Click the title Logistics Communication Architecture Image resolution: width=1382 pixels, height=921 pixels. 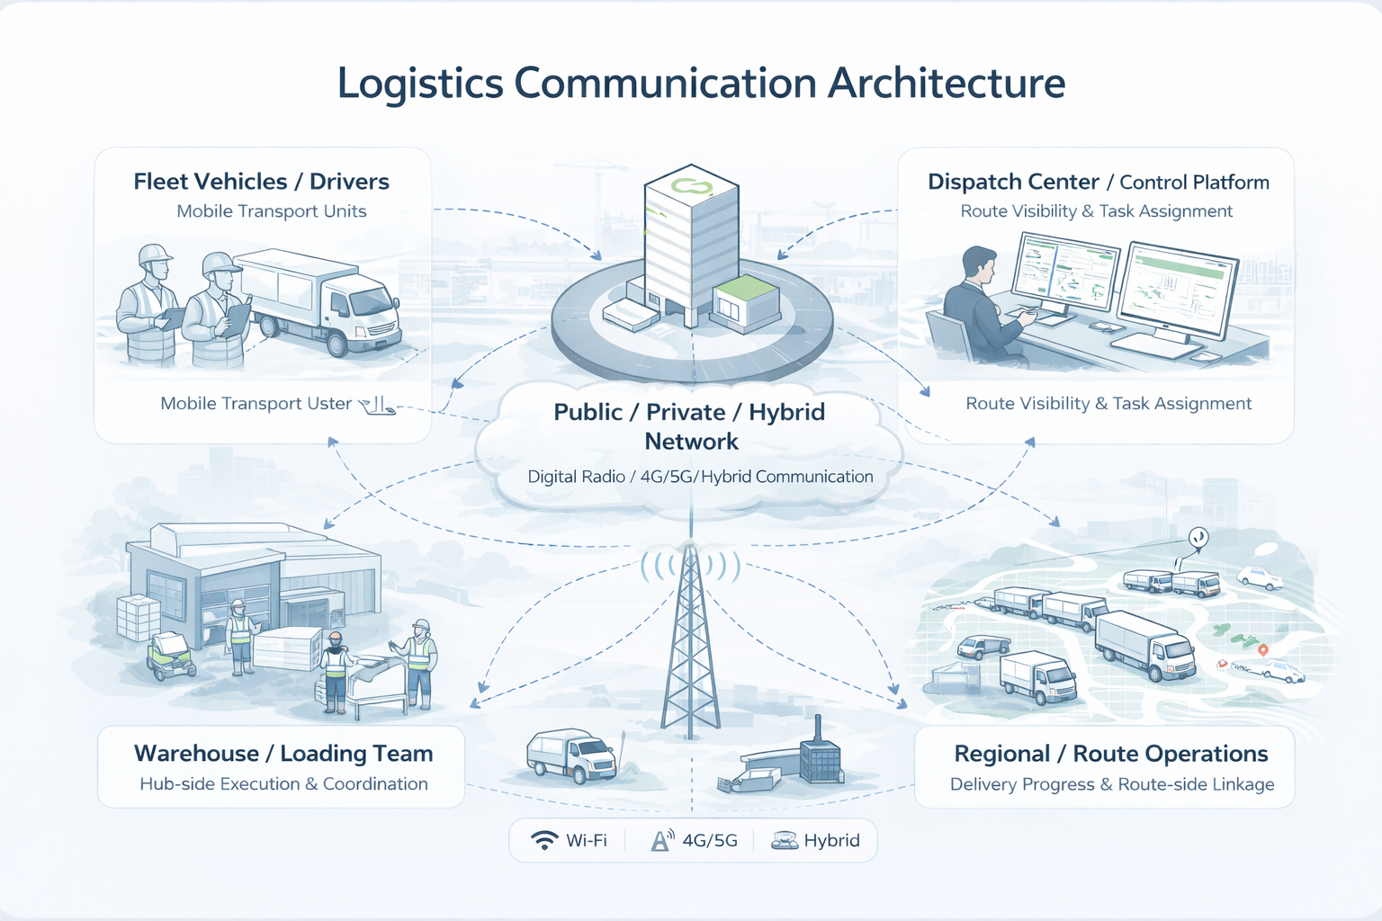pos(701,83)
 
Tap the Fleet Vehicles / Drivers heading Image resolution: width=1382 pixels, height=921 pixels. pos(261,182)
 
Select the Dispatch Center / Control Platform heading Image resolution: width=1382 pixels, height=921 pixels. pos(1098,183)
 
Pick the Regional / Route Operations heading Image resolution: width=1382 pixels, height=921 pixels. pos(1110,754)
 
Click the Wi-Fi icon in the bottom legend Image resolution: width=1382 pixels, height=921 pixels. pos(544,840)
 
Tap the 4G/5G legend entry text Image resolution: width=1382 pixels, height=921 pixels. pos(709,841)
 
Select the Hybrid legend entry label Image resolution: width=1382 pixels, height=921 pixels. pos(831,841)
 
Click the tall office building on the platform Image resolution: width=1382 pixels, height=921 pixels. pos(690,238)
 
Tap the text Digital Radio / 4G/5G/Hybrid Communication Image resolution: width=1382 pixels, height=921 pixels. pos(700,477)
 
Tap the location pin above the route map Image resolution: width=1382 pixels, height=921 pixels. pos(1198,538)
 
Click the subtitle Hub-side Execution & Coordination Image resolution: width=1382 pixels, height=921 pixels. pos(283,784)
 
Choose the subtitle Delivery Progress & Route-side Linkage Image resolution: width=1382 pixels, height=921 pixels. pos(1112,784)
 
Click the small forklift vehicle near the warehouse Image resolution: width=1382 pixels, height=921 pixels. pos(170,656)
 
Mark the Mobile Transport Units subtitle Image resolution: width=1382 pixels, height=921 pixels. pos(271,211)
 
